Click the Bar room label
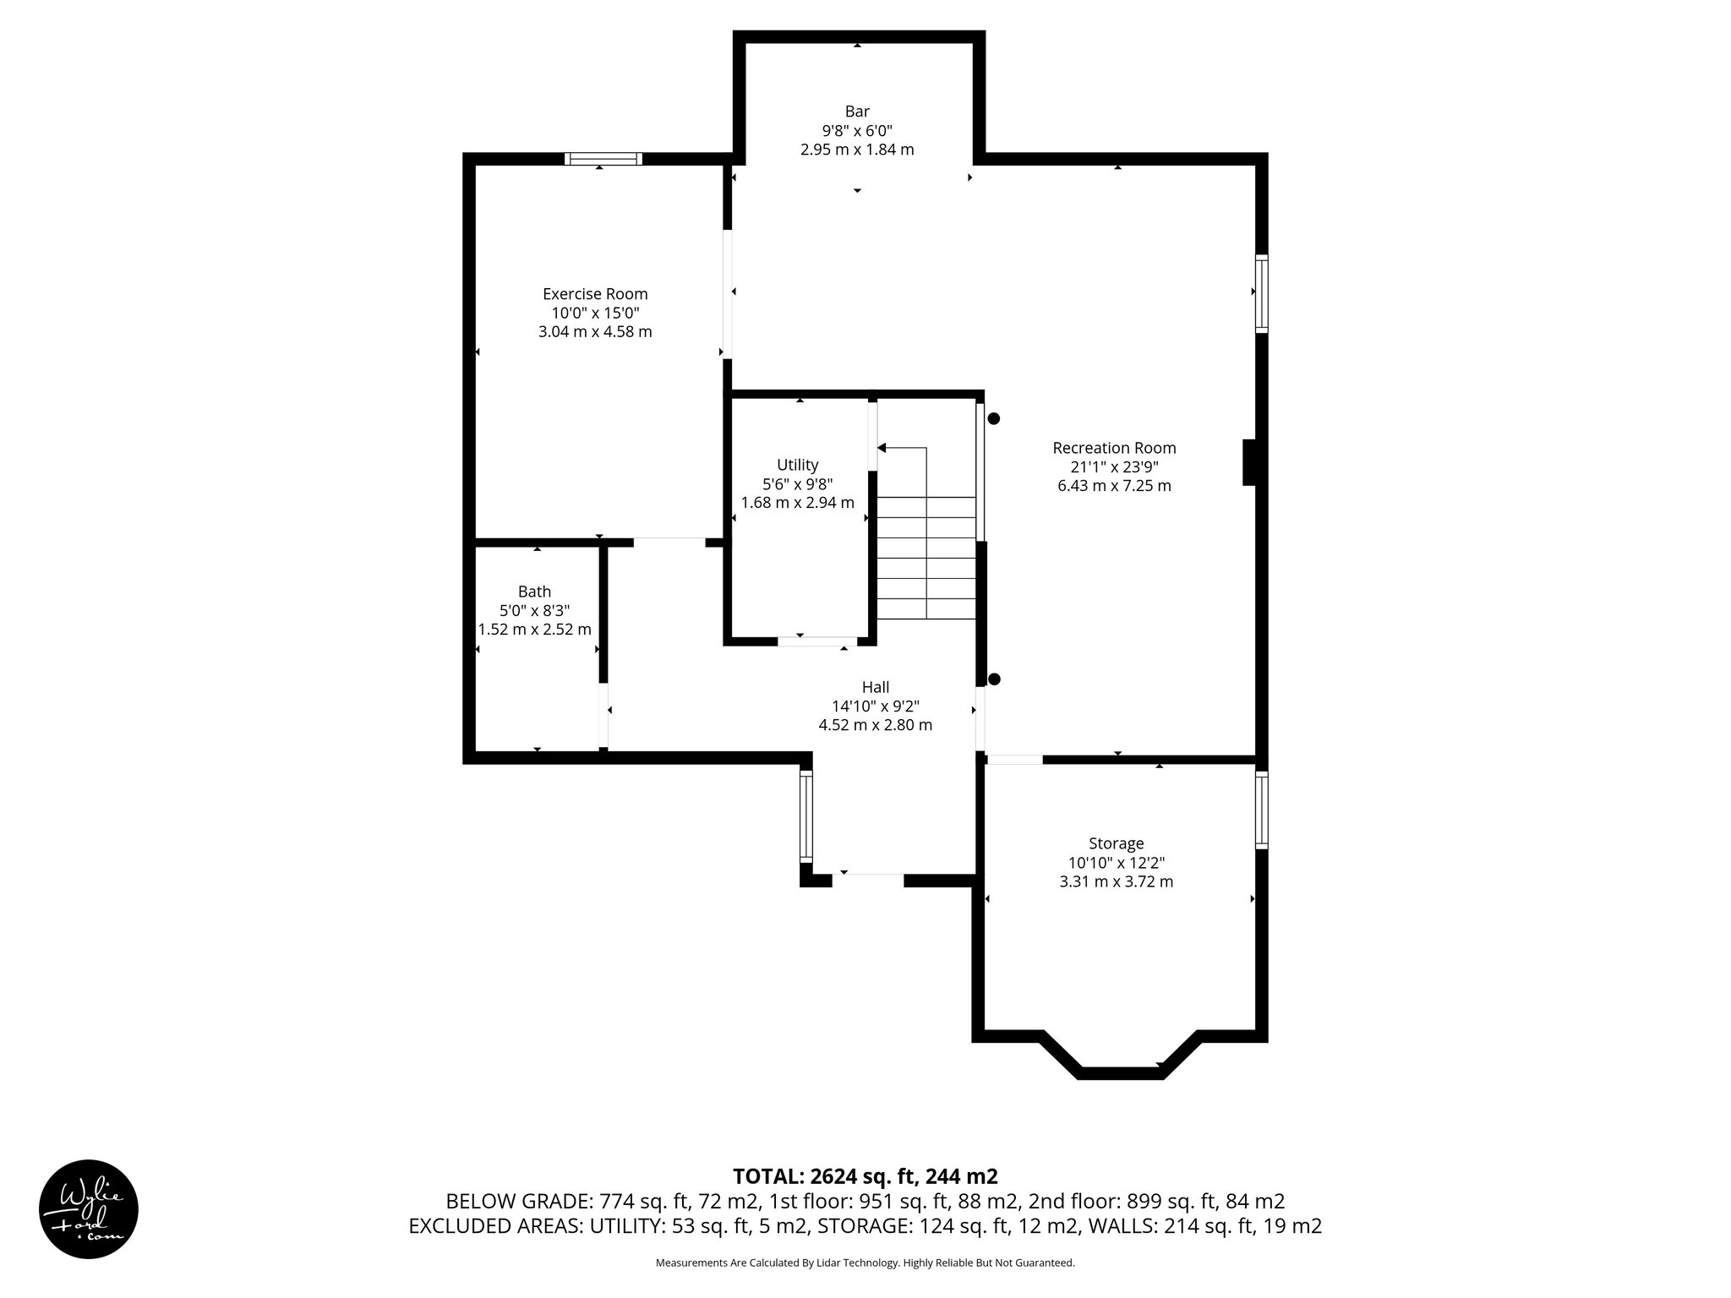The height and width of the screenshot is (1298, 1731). [x=857, y=112]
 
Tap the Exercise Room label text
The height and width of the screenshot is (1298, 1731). [x=595, y=294]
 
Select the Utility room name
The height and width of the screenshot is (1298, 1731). [x=797, y=465]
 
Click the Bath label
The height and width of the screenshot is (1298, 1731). [x=534, y=592]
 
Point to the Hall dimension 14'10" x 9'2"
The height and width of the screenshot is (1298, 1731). [x=875, y=706]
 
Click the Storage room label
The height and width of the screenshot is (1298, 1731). [x=1116, y=843]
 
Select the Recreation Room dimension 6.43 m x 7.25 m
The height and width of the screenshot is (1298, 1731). [x=1114, y=486]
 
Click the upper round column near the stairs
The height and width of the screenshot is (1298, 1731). [x=994, y=418]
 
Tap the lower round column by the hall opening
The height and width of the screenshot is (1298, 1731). [x=994, y=679]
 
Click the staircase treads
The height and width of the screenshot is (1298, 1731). [x=926, y=558]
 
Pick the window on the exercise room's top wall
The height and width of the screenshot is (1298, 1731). [x=603, y=159]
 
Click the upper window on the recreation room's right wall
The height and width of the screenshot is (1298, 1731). [x=1261, y=293]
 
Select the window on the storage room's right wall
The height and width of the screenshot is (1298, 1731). [x=1261, y=810]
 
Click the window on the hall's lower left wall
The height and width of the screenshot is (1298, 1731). [x=806, y=816]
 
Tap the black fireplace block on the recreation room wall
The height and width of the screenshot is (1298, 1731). [x=1249, y=462]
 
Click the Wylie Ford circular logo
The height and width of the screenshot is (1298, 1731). [x=89, y=1208]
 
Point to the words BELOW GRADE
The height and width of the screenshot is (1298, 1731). [x=518, y=1202]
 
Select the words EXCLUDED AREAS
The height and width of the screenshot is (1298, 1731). [x=493, y=1226]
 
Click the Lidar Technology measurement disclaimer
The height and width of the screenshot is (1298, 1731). [x=865, y=1263]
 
